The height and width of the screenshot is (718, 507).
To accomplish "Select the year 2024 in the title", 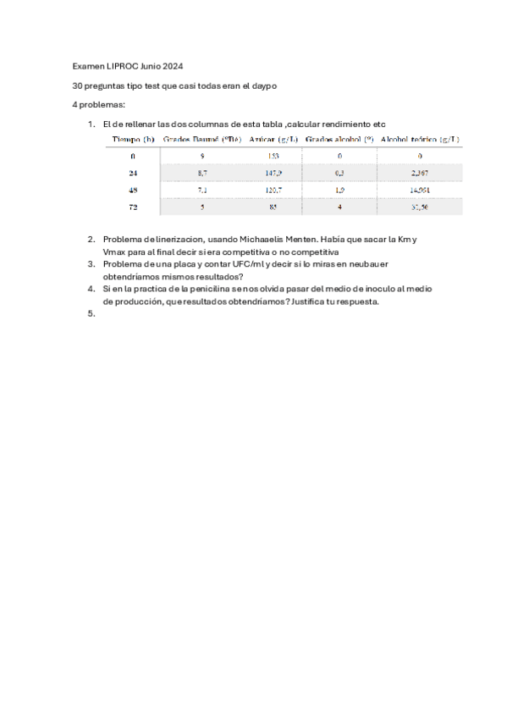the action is [x=172, y=66].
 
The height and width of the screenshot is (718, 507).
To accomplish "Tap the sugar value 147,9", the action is [x=273, y=173].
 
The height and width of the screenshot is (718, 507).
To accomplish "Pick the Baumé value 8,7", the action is [x=202, y=173].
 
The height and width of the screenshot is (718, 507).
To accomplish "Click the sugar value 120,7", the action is [x=273, y=190].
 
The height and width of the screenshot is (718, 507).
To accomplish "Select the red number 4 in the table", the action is [x=339, y=207].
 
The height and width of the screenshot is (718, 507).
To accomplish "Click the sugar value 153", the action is [x=273, y=157].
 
